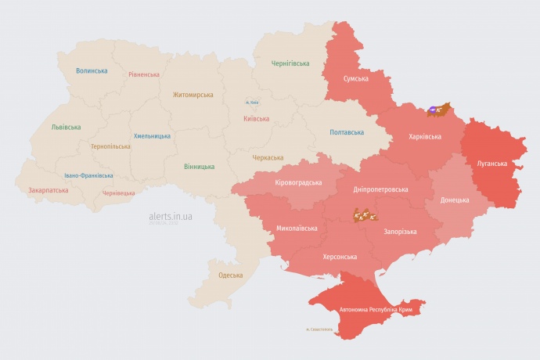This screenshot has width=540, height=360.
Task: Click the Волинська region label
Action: (x=92, y=70)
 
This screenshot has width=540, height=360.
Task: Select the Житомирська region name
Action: (x=193, y=95)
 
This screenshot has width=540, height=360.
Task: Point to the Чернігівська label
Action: (x=290, y=63)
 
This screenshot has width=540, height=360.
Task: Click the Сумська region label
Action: (x=356, y=78)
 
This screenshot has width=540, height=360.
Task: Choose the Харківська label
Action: (x=425, y=136)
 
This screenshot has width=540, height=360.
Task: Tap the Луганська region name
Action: (x=492, y=164)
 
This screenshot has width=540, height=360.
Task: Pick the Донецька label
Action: (x=455, y=200)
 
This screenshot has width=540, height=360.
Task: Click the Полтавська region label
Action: (x=347, y=131)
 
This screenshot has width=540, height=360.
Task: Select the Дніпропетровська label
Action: (x=381, y=189)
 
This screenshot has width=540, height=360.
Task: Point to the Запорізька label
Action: (x=400, y=232)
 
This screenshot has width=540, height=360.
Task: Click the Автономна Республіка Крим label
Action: (x=376, y=311)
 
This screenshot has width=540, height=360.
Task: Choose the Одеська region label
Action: (x=230, y=275)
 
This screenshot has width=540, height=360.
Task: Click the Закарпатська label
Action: (x=49, y=190)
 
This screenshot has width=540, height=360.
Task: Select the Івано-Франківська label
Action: (x=88, y=175)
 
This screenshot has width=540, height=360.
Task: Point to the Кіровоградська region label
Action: (x=298, y=182)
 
